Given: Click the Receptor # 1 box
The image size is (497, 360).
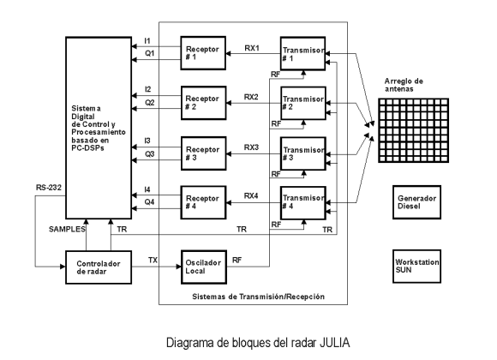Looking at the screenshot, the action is (203, 53).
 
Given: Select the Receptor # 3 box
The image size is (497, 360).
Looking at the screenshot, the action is (203, 153).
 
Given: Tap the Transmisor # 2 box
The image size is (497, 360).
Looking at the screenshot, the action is (303, 103).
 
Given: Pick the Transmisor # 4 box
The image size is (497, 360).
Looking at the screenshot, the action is (303, 202).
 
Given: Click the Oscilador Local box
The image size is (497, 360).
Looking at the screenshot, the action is (204, 267).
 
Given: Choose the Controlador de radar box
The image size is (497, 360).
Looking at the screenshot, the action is (99, 267).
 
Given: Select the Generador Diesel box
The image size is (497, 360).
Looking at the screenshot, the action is (416, 202).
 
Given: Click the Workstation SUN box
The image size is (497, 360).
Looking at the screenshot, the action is (416, 267).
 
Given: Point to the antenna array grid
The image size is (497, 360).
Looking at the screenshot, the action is (414, 130).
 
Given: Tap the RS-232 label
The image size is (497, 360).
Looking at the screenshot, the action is (49, 188).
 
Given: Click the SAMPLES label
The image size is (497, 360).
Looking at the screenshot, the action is (67, 229).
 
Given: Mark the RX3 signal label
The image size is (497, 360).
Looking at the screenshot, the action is (251, 147).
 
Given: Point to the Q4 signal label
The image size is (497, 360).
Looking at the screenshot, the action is (150, 202).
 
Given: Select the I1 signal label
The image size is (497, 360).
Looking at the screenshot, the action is (147, 41).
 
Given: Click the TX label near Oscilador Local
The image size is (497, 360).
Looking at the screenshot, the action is (153, 260).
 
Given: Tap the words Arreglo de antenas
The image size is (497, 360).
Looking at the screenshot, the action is (404, 85).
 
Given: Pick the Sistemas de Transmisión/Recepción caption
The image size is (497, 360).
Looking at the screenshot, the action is (258, 297).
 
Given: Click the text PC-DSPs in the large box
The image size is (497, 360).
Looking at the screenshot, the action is (87, 148).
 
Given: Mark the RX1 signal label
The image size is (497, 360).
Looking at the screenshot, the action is (252, 48).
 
